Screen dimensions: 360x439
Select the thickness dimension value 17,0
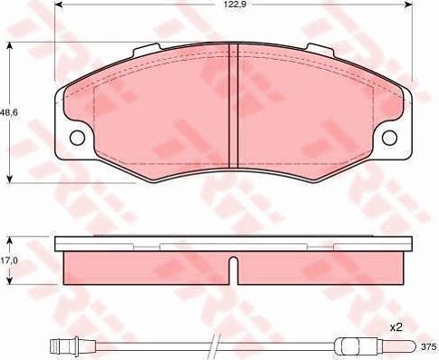pos(9,259)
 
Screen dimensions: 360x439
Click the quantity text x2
pos(396,326)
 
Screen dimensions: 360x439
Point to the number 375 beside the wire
pos(429,345)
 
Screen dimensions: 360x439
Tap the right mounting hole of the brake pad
pos(391,138)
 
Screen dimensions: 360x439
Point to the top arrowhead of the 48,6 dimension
pos(9,45)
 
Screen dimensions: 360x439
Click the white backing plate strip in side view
pos(233,244)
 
